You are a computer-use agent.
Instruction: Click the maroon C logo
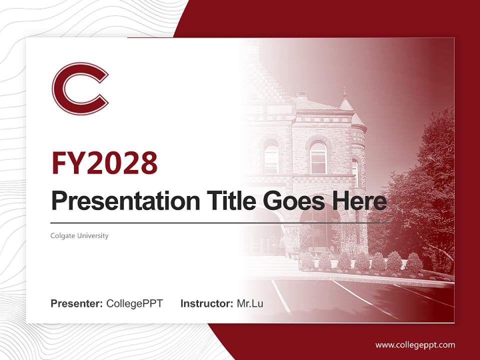tap(80, 88)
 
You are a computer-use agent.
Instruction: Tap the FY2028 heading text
tap(104, 162)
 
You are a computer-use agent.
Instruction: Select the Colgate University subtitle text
tap(79, 235)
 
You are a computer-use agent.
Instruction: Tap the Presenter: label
tap(77, 303)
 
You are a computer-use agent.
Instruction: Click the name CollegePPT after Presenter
tap(134, 303)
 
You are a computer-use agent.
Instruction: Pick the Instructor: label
tap(206, 303)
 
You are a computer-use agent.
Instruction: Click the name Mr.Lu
tap(250, 303)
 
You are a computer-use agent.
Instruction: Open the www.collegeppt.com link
tap(415, 344)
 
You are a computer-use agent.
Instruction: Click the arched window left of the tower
tap(318, 157)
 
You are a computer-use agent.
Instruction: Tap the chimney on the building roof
tap(301, 95)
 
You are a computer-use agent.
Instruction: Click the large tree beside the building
tap(420, 190)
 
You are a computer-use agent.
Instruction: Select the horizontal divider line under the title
tap(220, 223)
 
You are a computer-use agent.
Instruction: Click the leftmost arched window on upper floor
tap(271, 157)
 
